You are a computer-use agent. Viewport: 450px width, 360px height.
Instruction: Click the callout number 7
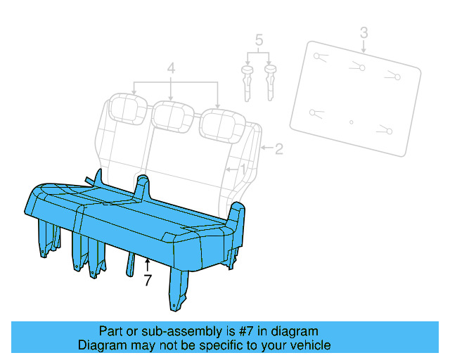click(x=148, y=280)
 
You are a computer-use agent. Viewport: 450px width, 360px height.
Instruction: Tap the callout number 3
click(x=364, y=32)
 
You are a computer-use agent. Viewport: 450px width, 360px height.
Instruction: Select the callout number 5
click(x=259, y=40)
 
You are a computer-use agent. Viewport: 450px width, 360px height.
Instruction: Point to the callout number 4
click(x=171, y=69)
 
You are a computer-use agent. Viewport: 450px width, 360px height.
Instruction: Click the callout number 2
click(x=279, y=149)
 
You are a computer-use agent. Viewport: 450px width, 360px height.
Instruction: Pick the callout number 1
click(x=243, y=169)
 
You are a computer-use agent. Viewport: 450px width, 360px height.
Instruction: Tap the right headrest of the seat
click(x=222, y=126)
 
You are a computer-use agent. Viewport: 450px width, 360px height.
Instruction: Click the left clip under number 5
click(x=247, y=83)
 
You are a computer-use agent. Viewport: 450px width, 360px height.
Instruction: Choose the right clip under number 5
click(x=270, y=82)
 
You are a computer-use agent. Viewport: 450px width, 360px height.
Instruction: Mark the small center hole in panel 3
click(x=352, y=122)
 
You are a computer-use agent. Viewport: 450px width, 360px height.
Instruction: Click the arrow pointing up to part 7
click(x=147, y=264)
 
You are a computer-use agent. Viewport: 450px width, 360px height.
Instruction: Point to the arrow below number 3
click(x=364, y=46)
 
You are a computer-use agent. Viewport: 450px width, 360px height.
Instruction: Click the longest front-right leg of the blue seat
click(x=178, y=289)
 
